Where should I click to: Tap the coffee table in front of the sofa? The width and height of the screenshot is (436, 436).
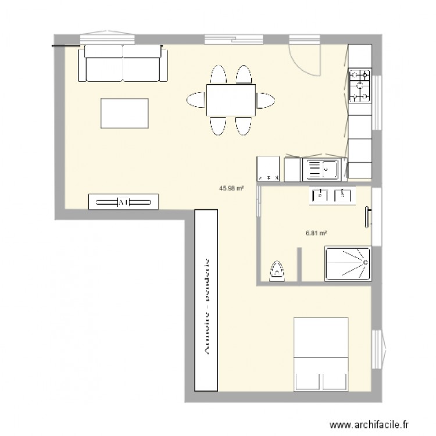(124, 113)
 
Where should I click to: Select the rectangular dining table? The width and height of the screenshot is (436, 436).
(230, 100)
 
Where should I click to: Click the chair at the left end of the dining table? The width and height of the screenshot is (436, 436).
(195, 100)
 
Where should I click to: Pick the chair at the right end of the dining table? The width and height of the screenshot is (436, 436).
(266, 100)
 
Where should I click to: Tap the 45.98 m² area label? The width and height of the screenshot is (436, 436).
(231, 188)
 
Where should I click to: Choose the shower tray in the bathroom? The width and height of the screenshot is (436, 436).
(347, 263)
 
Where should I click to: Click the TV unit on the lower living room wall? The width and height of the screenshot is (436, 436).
(123, 202)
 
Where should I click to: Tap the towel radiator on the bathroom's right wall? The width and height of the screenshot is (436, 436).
(367, 216)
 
